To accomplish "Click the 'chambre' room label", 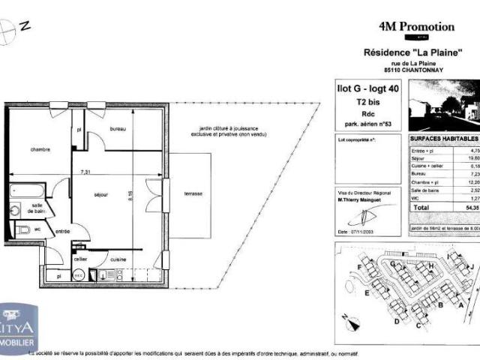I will point(40,150).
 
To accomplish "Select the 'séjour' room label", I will point(101,195).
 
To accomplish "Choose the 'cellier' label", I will point(80,259).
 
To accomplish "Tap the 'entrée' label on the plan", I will point(63,232).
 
